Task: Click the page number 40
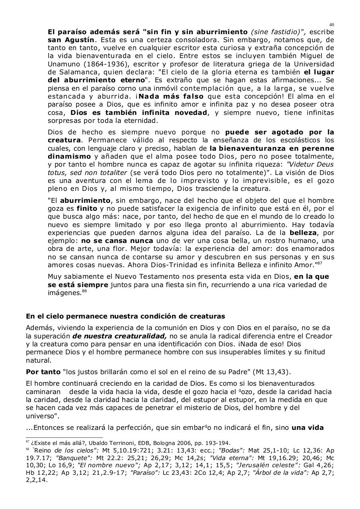[332, 25]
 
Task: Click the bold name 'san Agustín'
[71, 40]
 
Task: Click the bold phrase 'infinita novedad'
[177, 113]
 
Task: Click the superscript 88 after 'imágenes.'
[84, 291]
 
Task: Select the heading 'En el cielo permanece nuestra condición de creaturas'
[125, 317]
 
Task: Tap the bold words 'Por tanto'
[43, 372]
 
